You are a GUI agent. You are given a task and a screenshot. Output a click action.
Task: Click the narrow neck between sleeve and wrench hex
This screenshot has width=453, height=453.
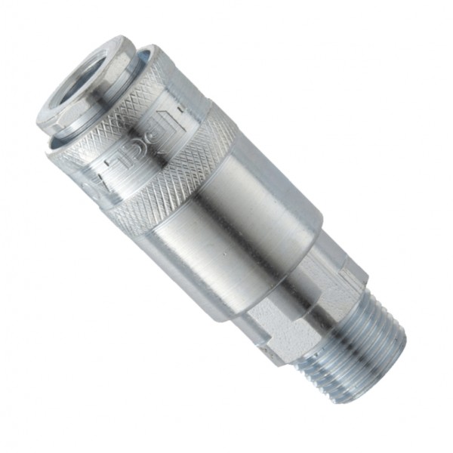(x=317, y=249)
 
